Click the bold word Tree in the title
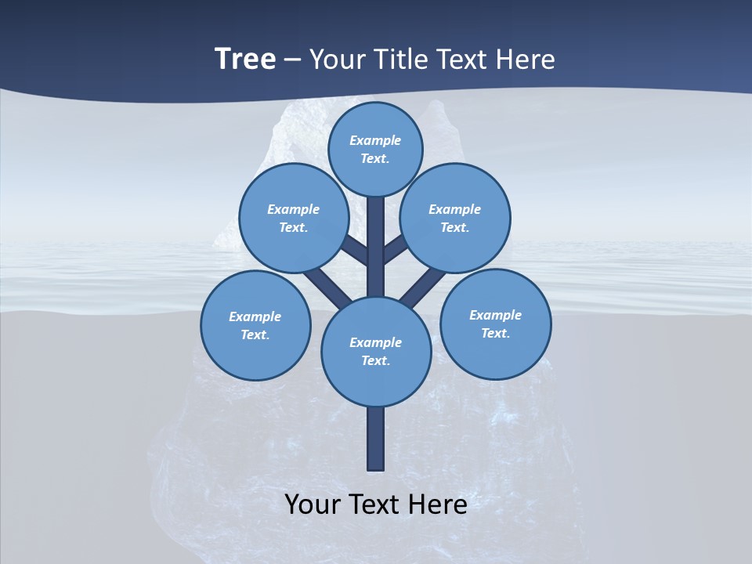[x=245, y=59]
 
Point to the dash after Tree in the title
[x=293, y=60]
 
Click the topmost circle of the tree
[x=375, y=149]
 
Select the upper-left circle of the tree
[x=293, y=218]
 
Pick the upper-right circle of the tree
[x=455, y=218]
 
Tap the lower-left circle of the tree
[x=255, y=325]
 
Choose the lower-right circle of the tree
[x=496, y=324]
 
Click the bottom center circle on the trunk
[x=376, y=352]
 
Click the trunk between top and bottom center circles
[x=376, y=247]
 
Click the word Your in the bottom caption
[x=312, y=504]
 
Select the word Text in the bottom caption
[x=376, y=504]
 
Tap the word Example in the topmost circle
[x=375, y=140]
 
